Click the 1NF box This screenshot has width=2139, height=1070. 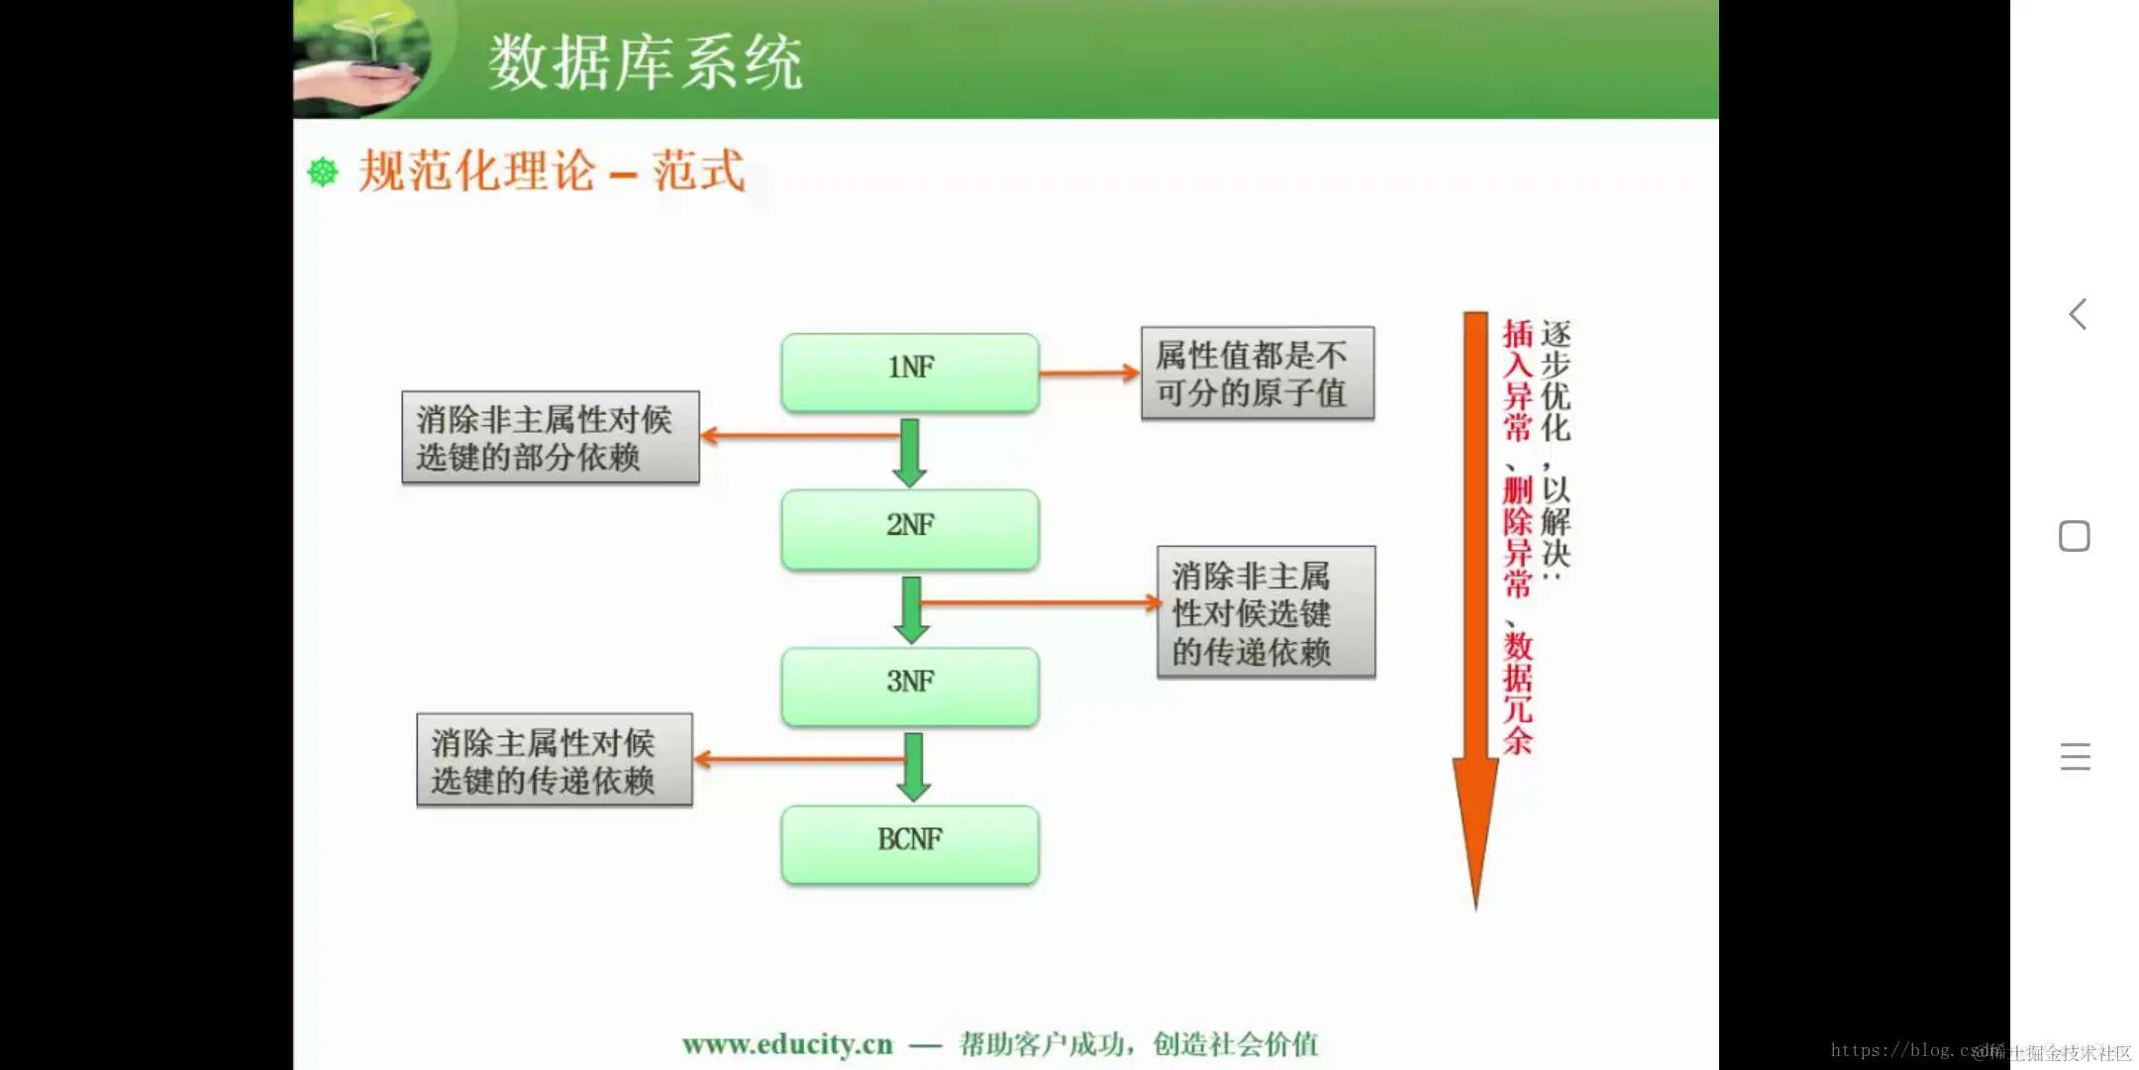[x=909, y=372]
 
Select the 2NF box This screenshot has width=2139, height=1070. [x=909, y=528]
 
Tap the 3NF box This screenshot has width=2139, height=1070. [x=909, y=686]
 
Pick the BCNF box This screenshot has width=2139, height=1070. [x=909, y=843]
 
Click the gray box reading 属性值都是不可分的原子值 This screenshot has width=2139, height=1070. [x=1257, y=374]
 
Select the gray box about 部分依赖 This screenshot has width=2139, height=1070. [x=550, y=437]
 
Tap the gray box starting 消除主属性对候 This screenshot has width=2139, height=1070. [x=554, y=760]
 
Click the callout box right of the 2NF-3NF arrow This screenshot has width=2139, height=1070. [x=1266, y=612]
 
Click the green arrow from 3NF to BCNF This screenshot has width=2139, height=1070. [x=913, y=767]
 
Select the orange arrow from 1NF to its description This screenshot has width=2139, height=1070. [x=1088, y=373]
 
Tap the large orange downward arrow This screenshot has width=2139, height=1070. [x=1476, y=594]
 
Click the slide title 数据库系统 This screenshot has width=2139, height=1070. [x=645, y=62]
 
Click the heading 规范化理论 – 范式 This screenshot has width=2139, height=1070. [x=551, y=171]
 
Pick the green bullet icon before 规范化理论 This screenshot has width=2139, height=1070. [x=323, y=172]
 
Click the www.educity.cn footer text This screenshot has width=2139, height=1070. [x=787, y=1044]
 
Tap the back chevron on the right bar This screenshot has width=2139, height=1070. [x=2078, y=315]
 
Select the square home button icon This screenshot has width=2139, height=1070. [x=2075, y=536]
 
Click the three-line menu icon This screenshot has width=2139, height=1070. [x=2075, y=757]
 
